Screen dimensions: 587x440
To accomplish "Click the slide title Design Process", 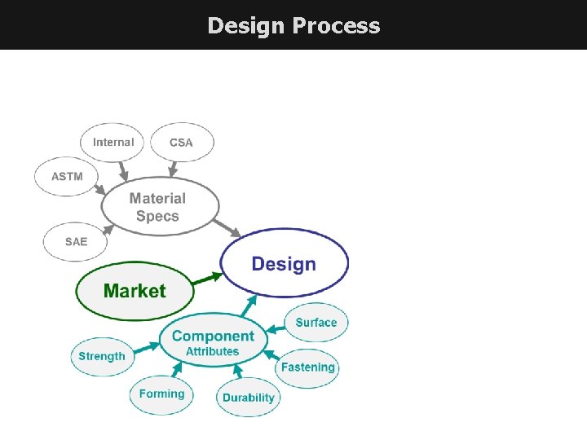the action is click(x=293, y=25).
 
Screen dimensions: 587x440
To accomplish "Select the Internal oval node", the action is click(x=113, y=142).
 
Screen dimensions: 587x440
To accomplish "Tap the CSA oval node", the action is click(x=182, y=143).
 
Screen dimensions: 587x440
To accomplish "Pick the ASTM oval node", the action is click(x=67, y=176).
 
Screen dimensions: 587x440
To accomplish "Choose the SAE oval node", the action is click(x=76, y=241).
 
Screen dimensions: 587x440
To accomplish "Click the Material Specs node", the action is click(x=159, y=207).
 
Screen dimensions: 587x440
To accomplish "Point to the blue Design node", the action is click(x=284, y=263).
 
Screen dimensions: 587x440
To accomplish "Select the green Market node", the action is click(x=135, y=291).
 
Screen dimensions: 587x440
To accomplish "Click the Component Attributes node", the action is click(x=213, y=341).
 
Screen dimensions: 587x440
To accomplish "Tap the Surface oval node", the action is click(x=316, y=322).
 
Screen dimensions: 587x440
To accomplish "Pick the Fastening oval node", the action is click(x=307, y=367).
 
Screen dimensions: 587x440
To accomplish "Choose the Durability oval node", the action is click(x=249, y=398).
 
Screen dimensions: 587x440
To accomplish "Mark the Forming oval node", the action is click(x=161, y=394).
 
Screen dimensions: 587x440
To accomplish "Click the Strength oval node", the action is click(x=102, y=356).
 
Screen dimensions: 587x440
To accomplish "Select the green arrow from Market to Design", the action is click(x=208, y=277).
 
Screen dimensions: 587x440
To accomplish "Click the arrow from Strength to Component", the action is click(x=147, y=349).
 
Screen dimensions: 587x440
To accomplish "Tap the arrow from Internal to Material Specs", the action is click(x=123, y=171).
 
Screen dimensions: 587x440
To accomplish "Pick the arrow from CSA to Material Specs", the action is click(x=173, y=169).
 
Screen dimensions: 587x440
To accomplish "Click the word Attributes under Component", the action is click(x=212, y=352).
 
